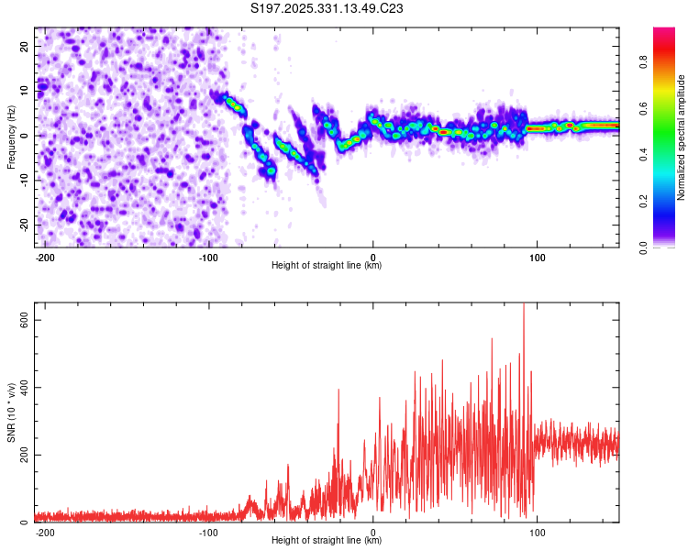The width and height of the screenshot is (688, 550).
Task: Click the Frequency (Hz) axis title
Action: pos(11,137)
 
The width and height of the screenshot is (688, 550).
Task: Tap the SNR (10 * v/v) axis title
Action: pos(11,412)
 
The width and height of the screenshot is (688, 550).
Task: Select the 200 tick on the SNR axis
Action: pos(22,455)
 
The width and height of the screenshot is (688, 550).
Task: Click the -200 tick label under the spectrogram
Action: pos(45,257)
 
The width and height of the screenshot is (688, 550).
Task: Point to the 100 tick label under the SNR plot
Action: pos(538,532)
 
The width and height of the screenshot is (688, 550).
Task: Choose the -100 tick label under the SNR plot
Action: pos(208,532)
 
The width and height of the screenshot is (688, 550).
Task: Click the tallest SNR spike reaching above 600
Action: pos(524,308)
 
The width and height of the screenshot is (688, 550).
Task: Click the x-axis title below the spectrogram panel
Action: pos(327,266)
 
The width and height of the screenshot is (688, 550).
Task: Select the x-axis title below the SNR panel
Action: pos(327,541)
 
